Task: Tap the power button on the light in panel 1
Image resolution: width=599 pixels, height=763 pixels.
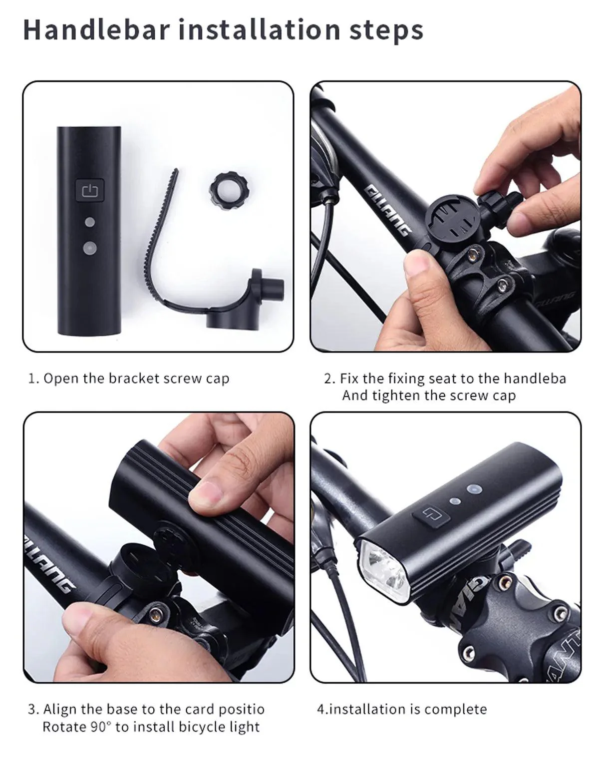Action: click(90, 190)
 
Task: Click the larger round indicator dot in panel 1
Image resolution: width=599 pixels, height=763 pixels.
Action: click(90, 247)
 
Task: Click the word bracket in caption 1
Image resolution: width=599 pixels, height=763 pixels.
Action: click(134, 379)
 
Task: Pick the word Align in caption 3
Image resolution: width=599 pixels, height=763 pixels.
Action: click(60, 710)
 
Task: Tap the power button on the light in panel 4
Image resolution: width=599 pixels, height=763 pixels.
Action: click(430, 513)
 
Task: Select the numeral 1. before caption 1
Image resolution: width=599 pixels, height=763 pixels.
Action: click(33, 379)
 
